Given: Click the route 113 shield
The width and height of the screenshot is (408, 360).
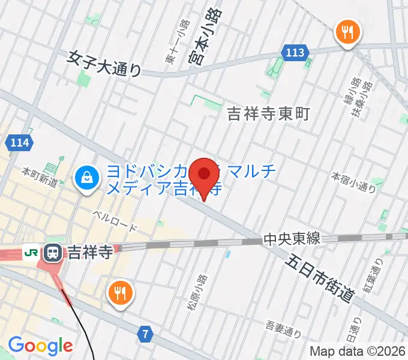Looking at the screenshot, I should coord(295,53).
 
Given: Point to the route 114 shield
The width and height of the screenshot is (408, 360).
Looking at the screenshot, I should coord(19,143).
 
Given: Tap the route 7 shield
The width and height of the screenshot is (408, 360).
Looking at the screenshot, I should coord(145,332).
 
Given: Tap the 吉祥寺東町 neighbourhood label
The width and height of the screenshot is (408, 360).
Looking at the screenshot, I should coord(268,113).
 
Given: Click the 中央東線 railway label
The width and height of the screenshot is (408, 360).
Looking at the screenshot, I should coord(293,239).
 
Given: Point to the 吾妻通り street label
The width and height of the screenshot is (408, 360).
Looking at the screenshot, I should coord(283,328).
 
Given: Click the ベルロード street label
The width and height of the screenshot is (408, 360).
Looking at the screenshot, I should coord(115,222).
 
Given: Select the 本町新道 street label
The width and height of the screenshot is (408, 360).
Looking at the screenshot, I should coord(40,177).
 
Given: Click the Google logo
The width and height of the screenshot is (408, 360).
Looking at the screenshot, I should coord(40,345).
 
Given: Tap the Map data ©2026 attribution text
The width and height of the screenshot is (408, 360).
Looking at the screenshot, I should coord(357,351).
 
